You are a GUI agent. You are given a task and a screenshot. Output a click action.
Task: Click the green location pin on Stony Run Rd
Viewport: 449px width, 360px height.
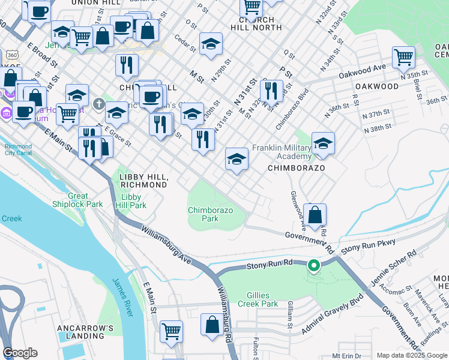tap(313, 265)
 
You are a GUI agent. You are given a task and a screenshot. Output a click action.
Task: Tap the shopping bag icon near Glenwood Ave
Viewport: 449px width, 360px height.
tap(315, 215)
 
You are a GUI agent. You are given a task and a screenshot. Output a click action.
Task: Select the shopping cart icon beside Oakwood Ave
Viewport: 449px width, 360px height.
tap(403, 58)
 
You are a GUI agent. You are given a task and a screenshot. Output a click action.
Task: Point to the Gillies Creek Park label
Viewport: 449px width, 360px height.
tap(262, 300)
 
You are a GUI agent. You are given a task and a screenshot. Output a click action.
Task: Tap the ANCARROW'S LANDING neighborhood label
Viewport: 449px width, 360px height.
tap(85, 332)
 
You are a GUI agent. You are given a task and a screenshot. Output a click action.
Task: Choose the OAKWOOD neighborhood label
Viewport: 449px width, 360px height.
tap(376, 86)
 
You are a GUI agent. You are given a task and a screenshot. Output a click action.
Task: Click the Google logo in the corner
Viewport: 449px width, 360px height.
tap(20, 353)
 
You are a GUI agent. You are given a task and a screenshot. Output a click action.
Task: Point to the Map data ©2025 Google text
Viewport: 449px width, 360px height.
tap(411, 355)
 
